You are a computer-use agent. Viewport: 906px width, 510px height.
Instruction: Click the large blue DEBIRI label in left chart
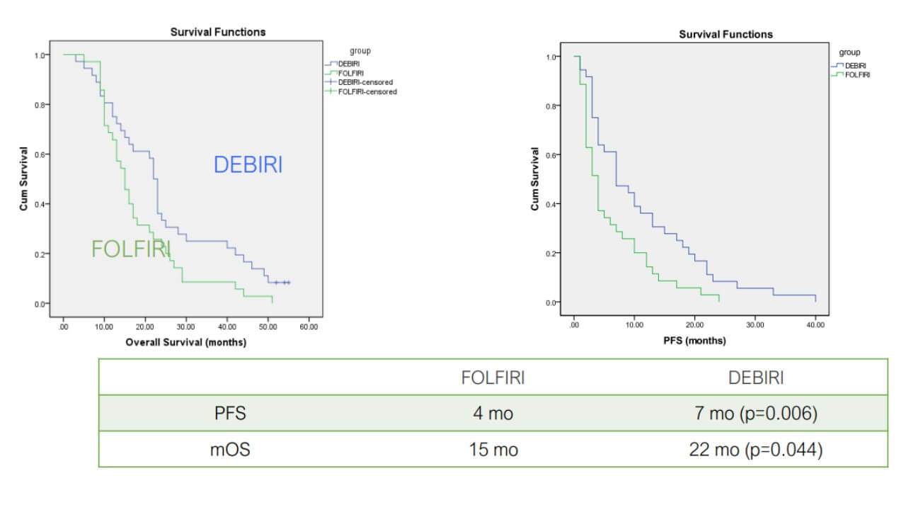[248, 165]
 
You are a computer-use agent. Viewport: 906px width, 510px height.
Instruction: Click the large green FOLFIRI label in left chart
[131, 249]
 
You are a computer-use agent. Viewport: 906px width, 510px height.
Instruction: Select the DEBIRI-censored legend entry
[365, 82]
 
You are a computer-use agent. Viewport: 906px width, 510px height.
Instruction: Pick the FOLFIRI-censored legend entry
[367, 91]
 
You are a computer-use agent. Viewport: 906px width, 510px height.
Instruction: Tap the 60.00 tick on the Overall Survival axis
[309, 328]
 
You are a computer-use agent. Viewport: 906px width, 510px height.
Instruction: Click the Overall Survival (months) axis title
[185, 342]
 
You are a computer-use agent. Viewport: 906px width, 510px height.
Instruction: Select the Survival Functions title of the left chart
[218, 32]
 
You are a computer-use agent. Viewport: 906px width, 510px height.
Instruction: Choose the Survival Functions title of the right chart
[726, 34]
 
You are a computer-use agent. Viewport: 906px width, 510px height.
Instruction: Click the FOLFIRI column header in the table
[493, 378]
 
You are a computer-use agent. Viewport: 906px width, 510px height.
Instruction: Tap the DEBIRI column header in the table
[756, 378]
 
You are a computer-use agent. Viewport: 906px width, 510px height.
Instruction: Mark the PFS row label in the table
[230, 414]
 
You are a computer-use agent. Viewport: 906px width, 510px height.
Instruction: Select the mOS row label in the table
[230, 450]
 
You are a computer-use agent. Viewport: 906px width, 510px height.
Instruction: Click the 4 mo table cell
[493, 414]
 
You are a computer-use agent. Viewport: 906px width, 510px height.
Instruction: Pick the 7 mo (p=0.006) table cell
[756, 414]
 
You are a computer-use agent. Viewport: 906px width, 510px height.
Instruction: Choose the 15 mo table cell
[493, 450]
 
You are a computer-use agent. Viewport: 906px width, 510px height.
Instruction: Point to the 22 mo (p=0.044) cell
[756, 450]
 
